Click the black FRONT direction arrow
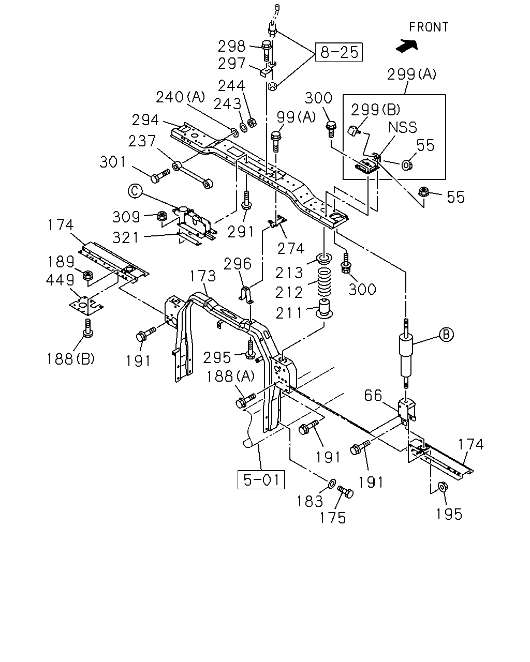pyautogui.click(x=407, y=46)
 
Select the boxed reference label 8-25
pyautogui.click(x=339, y=52)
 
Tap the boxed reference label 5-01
pyautogui.click(x=261, y=479)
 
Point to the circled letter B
pyautogui.click(x=446, y=335)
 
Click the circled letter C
pyautogui.click(x=135, y=191)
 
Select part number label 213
pyautogui.click(x=289, y=273)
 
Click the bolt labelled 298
pyautogui.click(x=267, y=51)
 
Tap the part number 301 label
pyautogui.click(x=113, y=162)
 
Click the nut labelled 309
pyautogui.click(x=161, y=216)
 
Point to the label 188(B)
pyautogui.click(x=70, y=359)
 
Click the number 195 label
pyautogui.click(x=449, y=514)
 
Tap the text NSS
pyautogui.click(x=403, y=127)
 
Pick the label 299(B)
pyautogui.click(x=375, y=110)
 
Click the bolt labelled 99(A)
pyautogui.click(x=275, y=141)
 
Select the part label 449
pyautogui.click(x=60, y=280)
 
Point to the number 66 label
pyautogui.click(x=373, y=395)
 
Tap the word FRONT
pyautogui.click(x=429, y=27)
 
